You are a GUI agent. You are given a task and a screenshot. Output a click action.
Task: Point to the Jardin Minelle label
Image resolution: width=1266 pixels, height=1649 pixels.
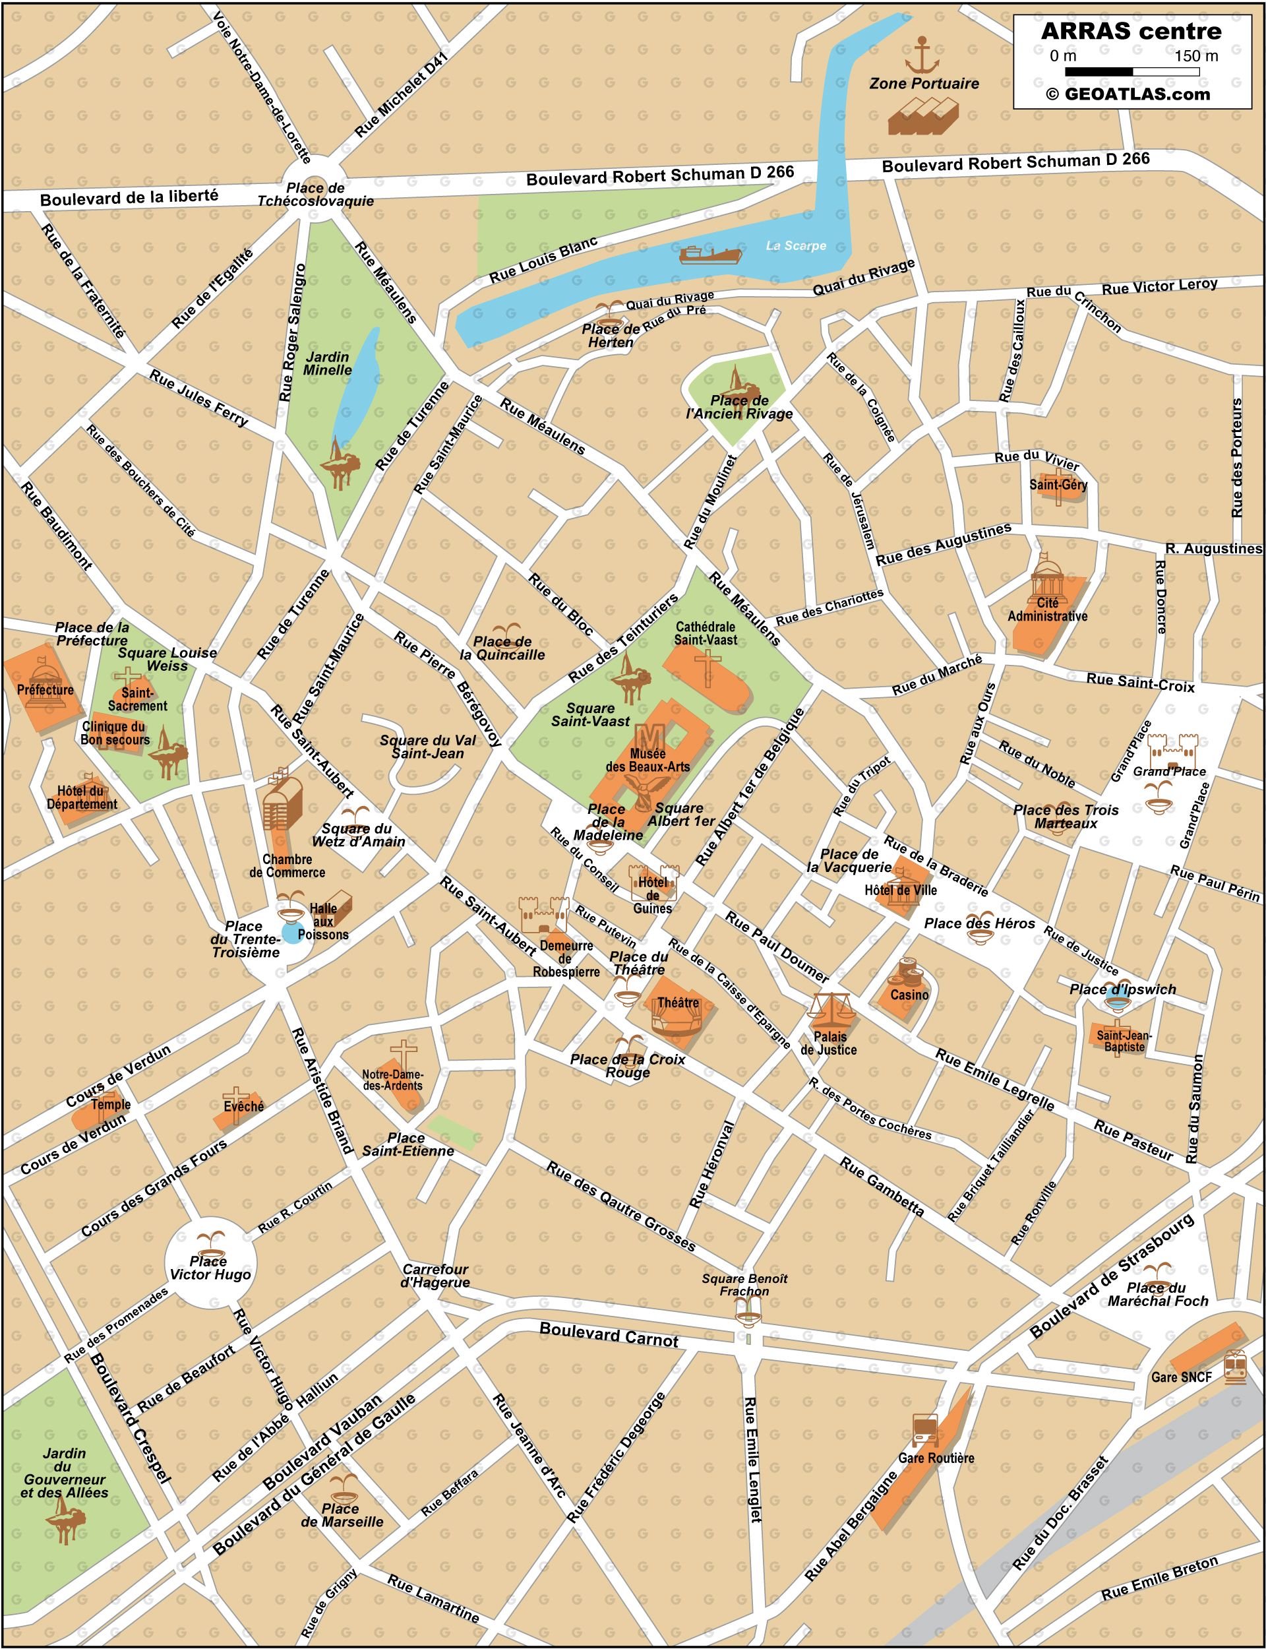tap(328, 363)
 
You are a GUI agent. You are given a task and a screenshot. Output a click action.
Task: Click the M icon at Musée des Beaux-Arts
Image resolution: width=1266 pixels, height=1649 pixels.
tap(649, 735)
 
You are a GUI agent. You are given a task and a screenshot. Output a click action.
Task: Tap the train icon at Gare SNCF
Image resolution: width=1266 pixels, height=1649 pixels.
tap(1235, 1367)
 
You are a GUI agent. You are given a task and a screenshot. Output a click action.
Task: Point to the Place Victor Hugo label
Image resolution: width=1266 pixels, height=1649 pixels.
tap(210, 1268)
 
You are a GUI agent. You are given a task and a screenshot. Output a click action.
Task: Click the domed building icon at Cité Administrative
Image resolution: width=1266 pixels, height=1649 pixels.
tap(1048, 577)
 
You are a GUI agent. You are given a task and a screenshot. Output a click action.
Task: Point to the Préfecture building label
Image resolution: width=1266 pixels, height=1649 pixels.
tap(45, 689)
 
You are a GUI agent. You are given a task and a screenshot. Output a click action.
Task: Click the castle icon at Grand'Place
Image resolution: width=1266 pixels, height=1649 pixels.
tap(1172, 751)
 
